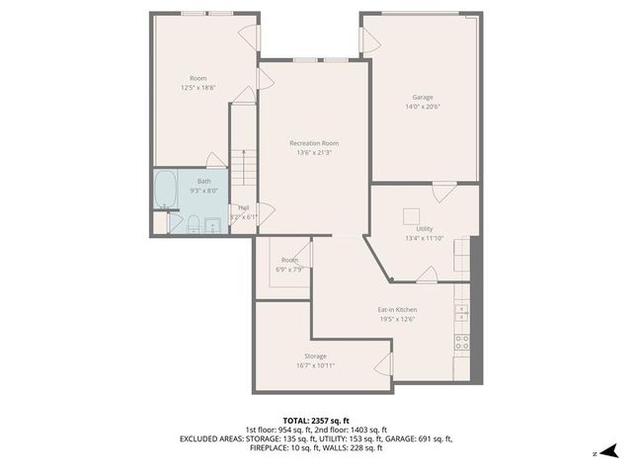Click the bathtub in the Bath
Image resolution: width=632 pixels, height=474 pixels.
tap(166, 190)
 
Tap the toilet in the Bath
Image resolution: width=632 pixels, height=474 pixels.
tap(195, 224)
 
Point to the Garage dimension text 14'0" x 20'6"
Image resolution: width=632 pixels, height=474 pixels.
tap(423, 107)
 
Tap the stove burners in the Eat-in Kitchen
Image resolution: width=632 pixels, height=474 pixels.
tap(461, 342)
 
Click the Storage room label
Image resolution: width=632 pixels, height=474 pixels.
tap(315, 355)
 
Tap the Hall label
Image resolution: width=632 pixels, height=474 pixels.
tap(243, 207)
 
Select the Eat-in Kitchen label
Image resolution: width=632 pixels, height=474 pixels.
tap(395, 309)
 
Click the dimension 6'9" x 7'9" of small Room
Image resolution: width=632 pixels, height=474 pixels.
tap(289, 269)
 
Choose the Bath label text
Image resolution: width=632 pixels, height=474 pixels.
tap(203, 181)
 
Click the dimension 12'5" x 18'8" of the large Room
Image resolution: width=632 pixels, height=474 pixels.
tap(197, 88)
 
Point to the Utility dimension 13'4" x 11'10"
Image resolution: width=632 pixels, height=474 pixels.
tap(424, 238)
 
